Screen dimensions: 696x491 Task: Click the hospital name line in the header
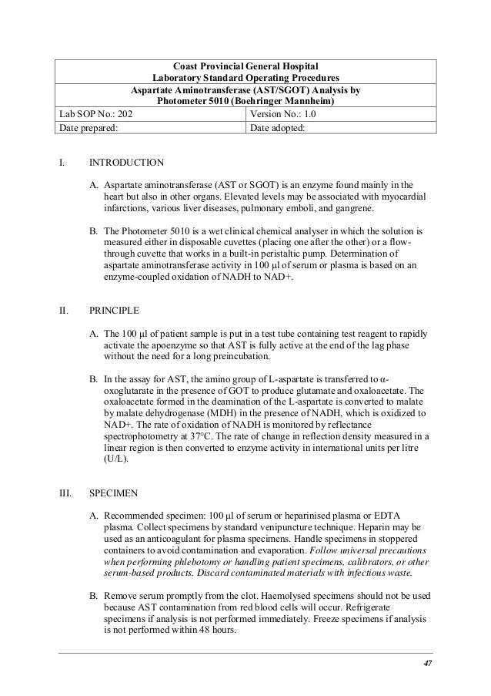[x=245, y=65]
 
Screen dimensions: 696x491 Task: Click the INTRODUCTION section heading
[x=126, y=163]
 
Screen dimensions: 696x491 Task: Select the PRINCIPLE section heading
[x=115, y=311]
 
